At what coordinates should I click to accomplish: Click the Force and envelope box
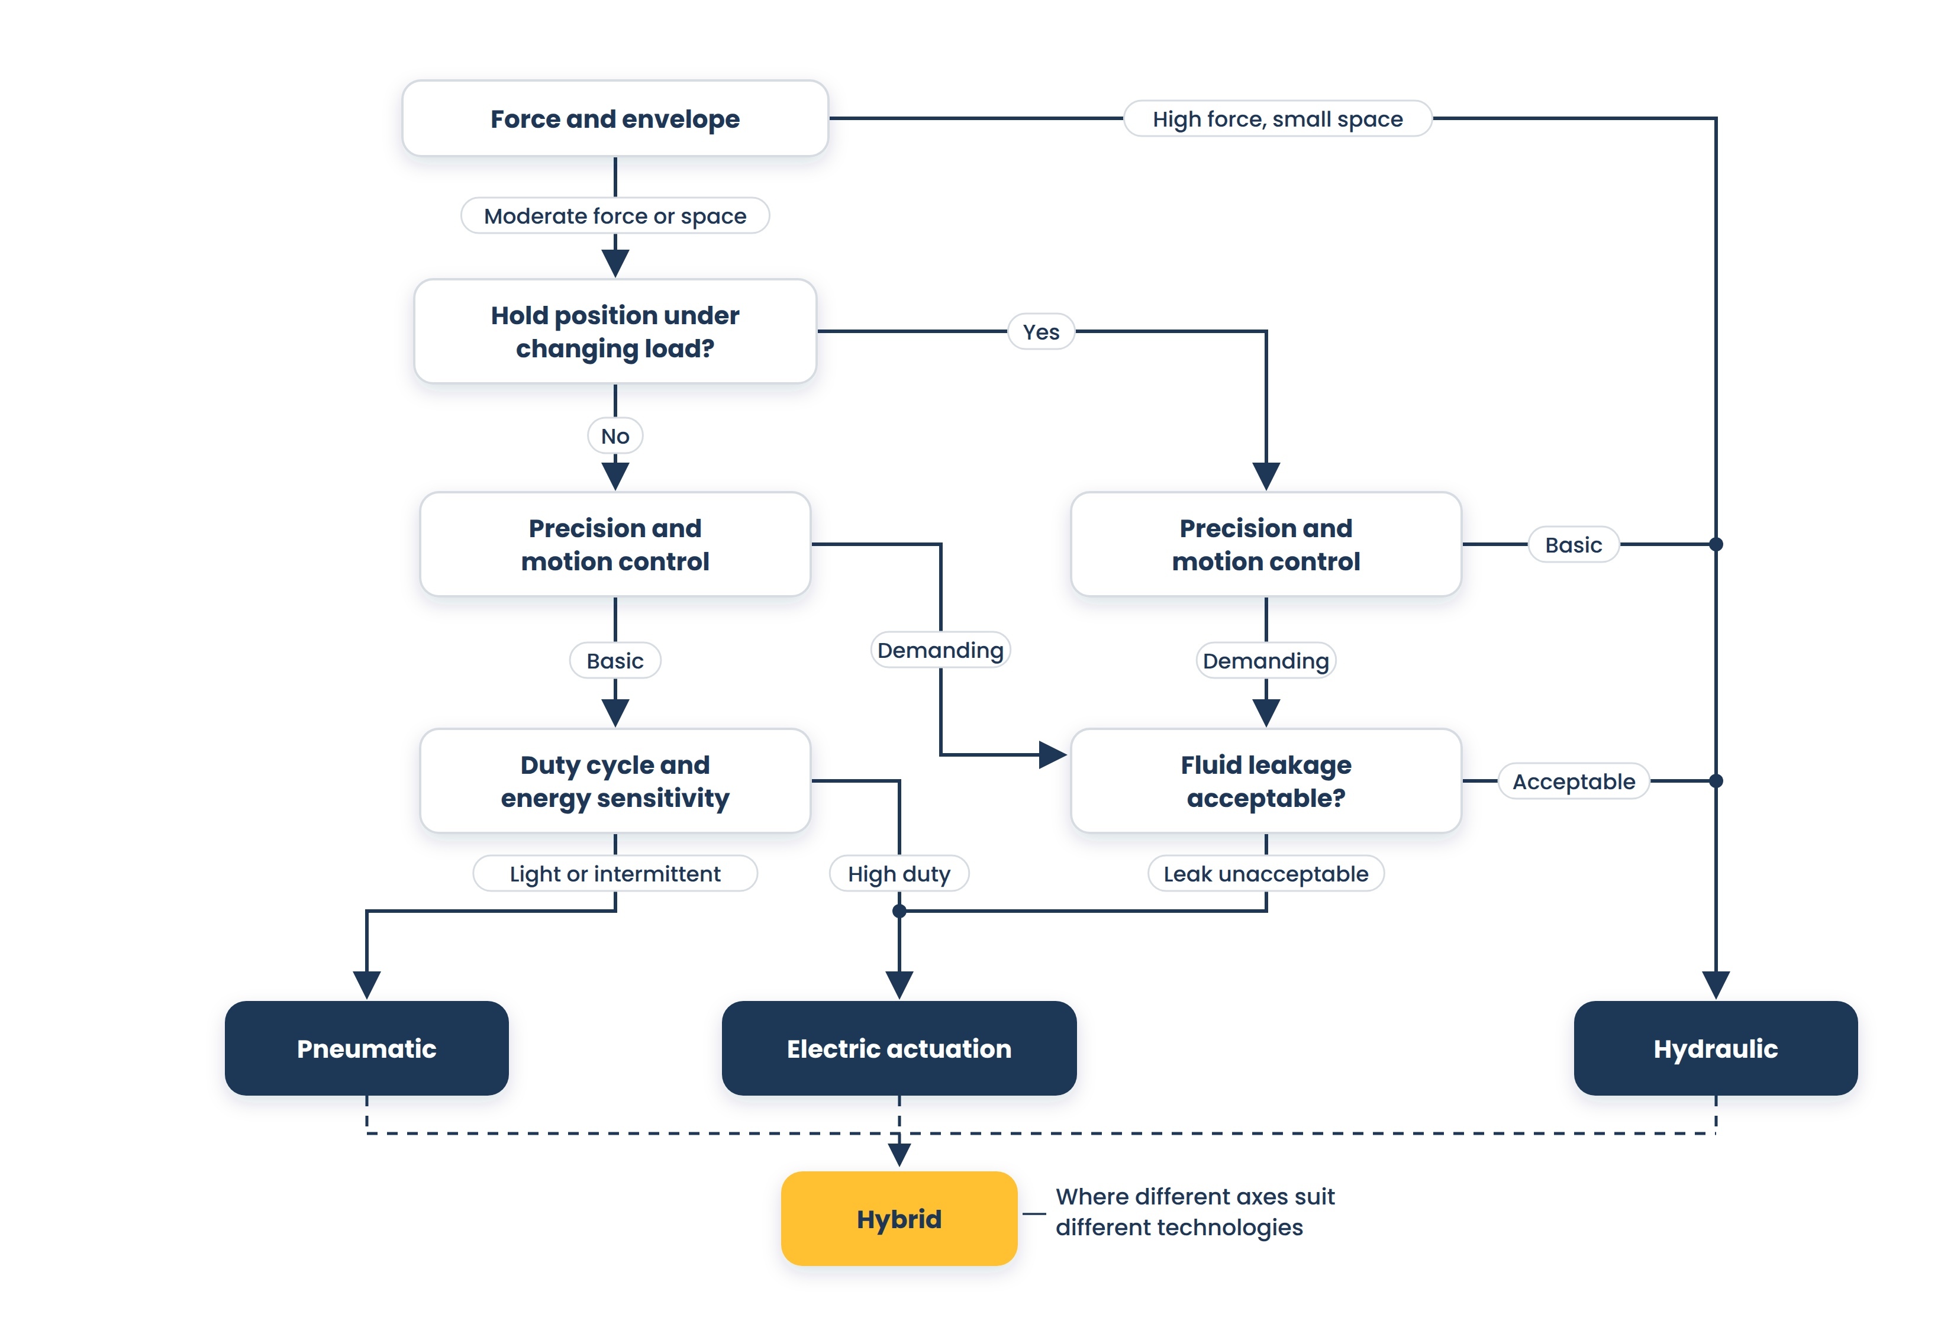(615, 118)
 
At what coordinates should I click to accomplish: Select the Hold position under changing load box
(615, 331)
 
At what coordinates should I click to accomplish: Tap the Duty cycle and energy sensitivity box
(615, 781)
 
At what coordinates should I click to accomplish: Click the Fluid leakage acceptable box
(1266, 781)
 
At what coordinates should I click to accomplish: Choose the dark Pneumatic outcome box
(366, 1048)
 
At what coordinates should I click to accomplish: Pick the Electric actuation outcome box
(899, 1048)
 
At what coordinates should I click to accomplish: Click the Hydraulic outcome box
(1715, 1048)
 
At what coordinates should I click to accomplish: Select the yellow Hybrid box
(899, 1218)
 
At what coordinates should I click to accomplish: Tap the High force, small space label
(1278, 119)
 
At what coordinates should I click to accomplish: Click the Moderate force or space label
(615, 216)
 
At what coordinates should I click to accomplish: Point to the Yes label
(1040, 332)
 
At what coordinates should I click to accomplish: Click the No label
(615, 435)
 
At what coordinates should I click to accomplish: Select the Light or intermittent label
(615, 874)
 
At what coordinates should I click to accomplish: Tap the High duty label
(899, 874)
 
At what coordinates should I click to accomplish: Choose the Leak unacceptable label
(1266, 874)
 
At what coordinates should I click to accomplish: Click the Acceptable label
(1574, 781)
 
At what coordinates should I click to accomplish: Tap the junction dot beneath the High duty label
(899, 910)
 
